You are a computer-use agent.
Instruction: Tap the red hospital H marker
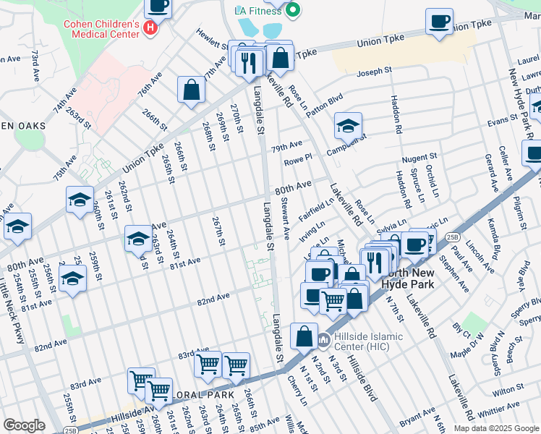[x=150, y=28]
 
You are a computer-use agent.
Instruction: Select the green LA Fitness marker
[x=292, y=11]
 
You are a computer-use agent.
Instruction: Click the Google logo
[x=24, y=425]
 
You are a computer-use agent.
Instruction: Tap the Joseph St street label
[x=375, y=72]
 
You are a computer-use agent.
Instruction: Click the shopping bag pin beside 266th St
[x=192, y=91]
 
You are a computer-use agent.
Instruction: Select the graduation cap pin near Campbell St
[x=348, y=127]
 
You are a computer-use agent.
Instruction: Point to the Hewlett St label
[x=213, y=40]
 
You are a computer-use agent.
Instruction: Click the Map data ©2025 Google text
[x=495, y=428]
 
